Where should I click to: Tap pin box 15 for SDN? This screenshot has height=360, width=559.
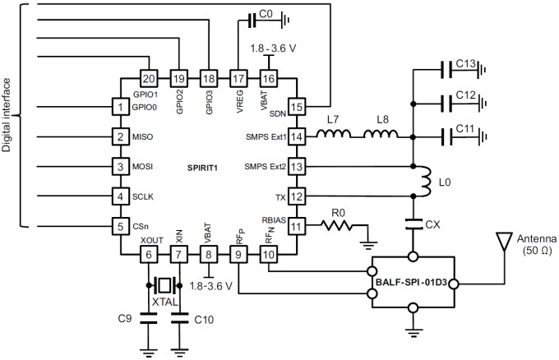click(x=297, y=106)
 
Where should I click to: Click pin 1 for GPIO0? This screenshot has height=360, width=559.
click(x=120, y=106)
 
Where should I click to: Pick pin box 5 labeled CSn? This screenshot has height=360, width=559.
click(x=120, y=225)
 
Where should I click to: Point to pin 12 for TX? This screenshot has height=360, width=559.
click(x=297, y=196)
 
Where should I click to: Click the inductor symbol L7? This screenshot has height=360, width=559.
click(x=332, y=136)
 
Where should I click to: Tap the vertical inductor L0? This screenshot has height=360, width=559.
click(x=427, y=181)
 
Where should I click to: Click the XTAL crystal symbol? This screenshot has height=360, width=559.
click(x=165, y=285)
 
